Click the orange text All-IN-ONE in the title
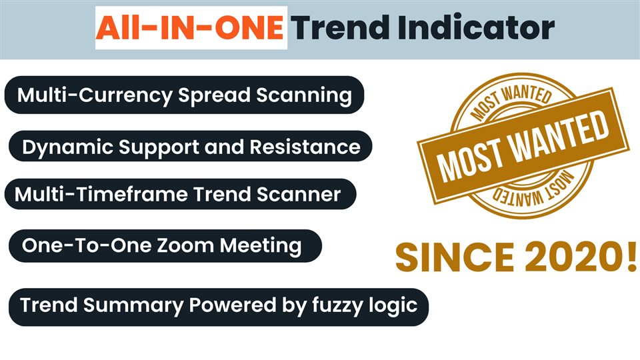190,28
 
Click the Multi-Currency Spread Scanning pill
184,95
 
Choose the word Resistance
305,147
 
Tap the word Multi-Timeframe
101,194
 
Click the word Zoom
185,246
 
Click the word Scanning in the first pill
304,95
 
